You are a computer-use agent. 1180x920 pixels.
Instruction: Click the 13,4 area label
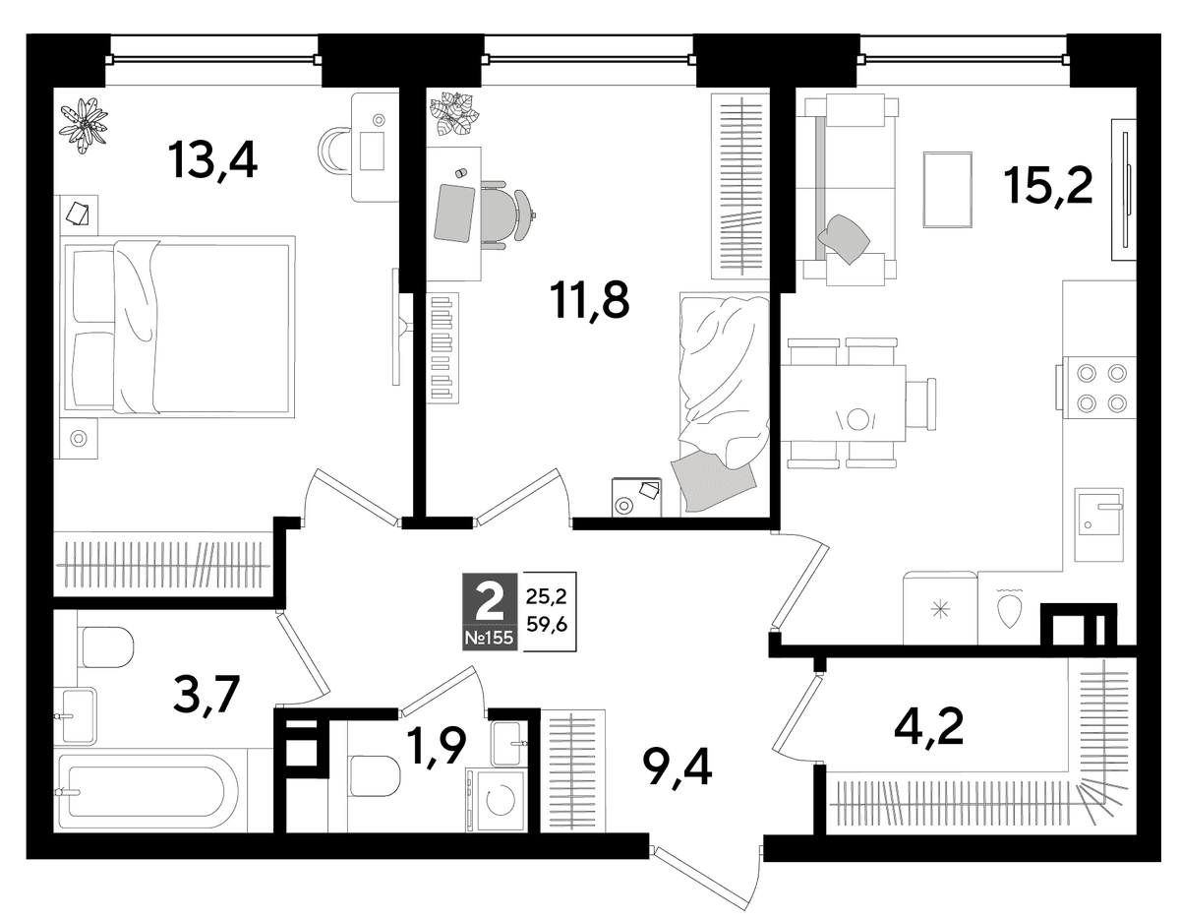point(212,159)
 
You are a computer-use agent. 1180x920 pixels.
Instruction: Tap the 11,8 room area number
point(589,300)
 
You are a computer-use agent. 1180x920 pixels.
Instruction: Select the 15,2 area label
point(1047,186)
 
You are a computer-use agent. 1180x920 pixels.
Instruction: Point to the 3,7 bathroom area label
point(206,697)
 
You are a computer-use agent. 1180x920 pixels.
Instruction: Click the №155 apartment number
point(489,638)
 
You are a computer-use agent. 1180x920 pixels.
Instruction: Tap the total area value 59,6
point(547,625)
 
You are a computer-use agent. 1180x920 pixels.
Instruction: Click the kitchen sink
point(1099,524)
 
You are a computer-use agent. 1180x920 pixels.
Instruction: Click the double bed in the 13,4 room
point(178,327)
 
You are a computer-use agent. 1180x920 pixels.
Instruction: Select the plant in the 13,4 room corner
point(83,126)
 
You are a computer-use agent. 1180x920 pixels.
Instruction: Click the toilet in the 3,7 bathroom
point(106,647)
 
